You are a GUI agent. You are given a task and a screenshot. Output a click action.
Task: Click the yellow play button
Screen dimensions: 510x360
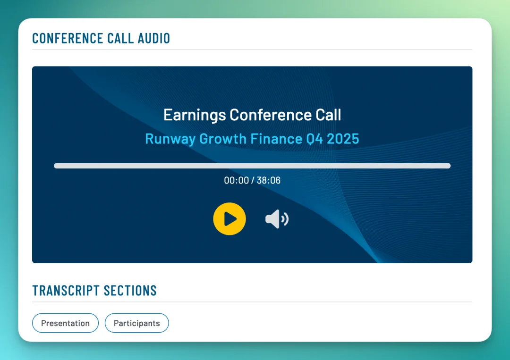point(229,218)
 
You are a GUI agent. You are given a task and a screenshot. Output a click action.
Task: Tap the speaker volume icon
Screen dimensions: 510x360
point(277,219)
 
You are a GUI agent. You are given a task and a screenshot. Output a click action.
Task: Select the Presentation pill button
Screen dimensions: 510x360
point(65,323)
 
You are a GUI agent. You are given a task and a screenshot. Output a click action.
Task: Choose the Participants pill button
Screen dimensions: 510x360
point(136,323)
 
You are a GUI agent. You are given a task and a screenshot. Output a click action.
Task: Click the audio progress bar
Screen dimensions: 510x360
point(252,166)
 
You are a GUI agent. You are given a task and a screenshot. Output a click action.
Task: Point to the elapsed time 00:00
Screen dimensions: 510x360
point(237,180)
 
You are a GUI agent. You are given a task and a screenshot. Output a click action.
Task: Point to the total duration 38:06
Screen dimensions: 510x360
point(268,180)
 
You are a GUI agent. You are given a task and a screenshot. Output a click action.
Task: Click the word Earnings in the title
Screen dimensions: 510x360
point(195,115)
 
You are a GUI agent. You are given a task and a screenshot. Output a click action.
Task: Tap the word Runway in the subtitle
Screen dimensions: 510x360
point(170,139)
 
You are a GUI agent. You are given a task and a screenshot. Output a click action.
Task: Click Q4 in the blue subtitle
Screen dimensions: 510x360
point(314,139)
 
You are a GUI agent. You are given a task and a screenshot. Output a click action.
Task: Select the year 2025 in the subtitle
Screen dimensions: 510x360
point(343,139)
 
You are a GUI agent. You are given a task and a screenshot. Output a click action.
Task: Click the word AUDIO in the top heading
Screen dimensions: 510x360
point(154,38)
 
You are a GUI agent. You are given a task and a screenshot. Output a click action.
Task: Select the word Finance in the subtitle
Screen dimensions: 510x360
point(276,139)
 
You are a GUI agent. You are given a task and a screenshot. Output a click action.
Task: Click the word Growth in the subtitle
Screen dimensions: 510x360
point(223,139)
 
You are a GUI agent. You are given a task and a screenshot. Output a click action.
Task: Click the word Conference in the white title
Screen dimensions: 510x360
point(271,115)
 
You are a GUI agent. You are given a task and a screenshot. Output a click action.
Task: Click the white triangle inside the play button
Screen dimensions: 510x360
point(230,218)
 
